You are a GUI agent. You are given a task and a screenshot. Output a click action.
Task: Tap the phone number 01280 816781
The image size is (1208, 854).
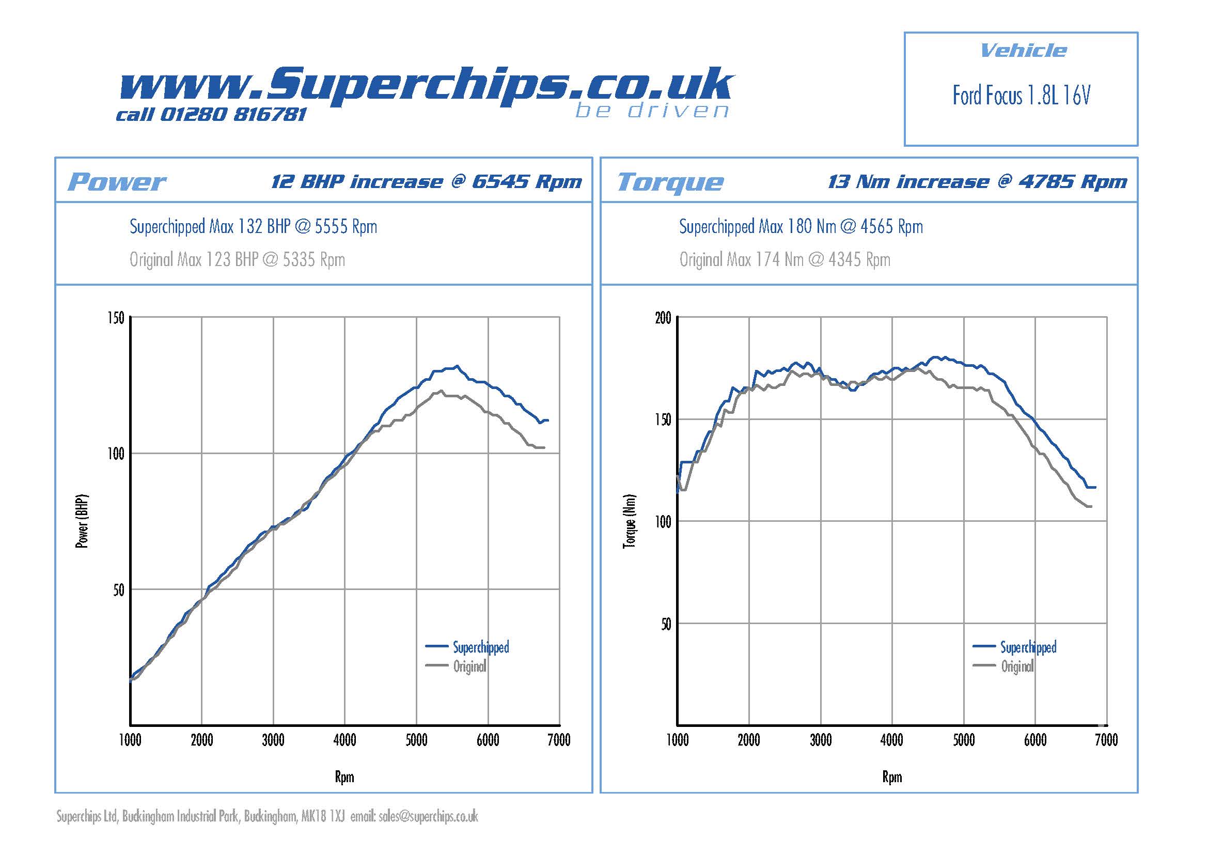coord(232,114)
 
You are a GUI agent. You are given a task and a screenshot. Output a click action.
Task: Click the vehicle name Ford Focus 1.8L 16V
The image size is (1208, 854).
coord(1021,96)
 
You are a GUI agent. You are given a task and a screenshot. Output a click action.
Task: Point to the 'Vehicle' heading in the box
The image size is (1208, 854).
coord(1023,51)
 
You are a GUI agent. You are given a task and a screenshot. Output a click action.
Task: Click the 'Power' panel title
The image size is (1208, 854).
coord(116,182)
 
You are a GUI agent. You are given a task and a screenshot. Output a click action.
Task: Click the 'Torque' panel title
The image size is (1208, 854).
coord(670,182)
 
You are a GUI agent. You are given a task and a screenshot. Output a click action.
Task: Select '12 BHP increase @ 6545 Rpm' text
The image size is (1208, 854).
coord(426,181)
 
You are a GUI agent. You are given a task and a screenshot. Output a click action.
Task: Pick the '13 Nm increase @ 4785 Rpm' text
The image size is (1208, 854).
coord(977,181)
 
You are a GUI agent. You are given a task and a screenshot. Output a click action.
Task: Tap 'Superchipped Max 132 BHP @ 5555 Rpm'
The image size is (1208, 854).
coord(253,227)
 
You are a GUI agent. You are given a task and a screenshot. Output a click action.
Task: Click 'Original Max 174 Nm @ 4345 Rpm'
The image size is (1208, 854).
coord(785,259)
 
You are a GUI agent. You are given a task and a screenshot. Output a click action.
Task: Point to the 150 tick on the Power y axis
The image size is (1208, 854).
coord(116,318)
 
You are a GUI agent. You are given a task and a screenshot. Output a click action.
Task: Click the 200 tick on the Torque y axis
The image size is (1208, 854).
coord(663,318)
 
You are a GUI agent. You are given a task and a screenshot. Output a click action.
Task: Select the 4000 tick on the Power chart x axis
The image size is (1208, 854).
coord(344,740)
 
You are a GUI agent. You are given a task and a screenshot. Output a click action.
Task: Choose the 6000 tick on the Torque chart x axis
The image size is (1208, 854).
coord(1035,740)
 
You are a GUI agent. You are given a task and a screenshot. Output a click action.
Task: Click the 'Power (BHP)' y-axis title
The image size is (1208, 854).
coord(82,521)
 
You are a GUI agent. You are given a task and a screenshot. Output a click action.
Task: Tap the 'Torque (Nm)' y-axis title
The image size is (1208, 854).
coord(629,521)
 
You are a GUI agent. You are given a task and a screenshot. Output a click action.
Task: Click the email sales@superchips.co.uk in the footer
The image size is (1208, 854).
coord(428,817)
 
